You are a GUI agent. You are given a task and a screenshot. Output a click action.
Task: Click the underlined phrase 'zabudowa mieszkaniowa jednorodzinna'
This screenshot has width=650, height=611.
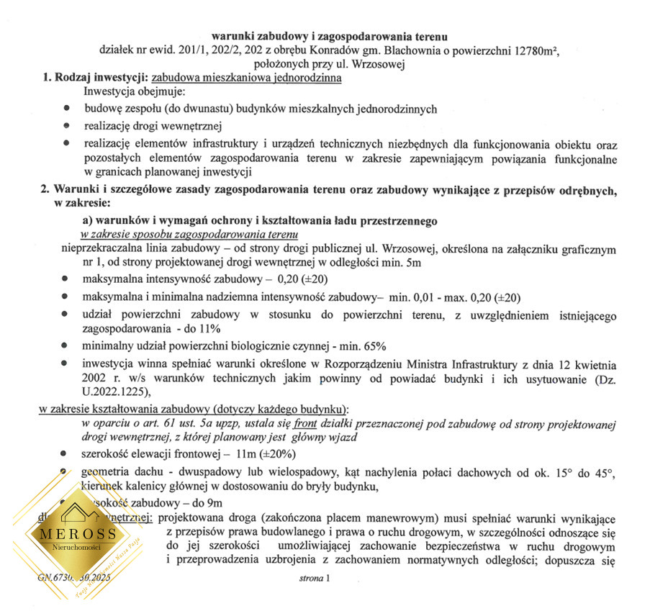[x=246, y=78]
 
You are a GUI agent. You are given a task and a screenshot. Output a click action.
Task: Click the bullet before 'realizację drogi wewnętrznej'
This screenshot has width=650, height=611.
[x=67, y=125]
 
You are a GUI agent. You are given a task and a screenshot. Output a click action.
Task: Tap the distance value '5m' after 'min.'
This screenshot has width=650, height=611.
[x=423, y=263]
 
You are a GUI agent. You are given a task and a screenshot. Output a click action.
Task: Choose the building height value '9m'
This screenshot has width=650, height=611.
[x=214, y=502]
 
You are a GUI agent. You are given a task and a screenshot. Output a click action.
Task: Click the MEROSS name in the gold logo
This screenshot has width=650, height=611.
[x=78, y=534]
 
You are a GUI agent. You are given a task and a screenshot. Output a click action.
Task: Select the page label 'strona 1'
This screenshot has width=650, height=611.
[x=313, y=578]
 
